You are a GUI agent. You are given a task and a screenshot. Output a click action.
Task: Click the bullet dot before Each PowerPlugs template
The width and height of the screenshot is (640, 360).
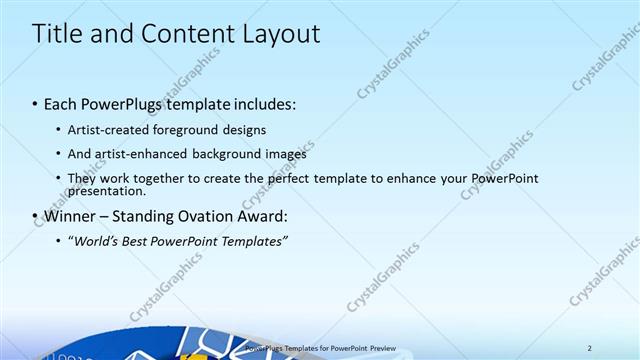[36, 104]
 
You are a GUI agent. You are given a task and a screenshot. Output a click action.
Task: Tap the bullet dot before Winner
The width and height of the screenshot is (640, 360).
[36, 217]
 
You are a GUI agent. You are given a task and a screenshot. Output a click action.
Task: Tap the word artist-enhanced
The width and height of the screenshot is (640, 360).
[138, 154]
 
